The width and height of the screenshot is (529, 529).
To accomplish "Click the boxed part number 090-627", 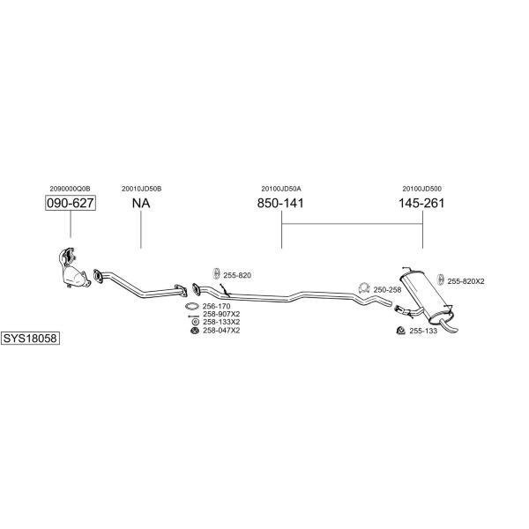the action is pyautogui.click(x=71, y=203).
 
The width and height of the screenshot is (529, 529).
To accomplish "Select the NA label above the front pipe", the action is pyautogui.click(x=141, y=203).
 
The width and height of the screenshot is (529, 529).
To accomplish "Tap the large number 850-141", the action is pyautogui.click(x=280, y=203).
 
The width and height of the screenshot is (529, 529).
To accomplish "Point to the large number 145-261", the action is pyautogui.click(x=421, y=203).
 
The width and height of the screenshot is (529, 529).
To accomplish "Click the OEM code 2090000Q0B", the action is pyautogui.click(x=70, y=189).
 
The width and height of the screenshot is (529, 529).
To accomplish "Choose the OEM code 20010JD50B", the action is pyautogui.click(x=142, y=189).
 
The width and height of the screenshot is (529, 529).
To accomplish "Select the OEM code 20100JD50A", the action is pyautogui.click(x=281, y=189).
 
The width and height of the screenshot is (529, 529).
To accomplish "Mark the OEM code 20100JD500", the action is pyautogui.click(x=421, y=189).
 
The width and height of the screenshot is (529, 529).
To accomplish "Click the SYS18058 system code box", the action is pyautogui.click(x=30, y=338).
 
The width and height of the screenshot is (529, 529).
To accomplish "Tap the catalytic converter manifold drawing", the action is pyautogui.click(x=73, y=268).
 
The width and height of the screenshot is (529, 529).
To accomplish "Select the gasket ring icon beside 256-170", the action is pyautogui.click(x=192, y=306).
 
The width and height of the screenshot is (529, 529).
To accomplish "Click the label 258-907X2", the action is pyautogui.click(x=221, y=314).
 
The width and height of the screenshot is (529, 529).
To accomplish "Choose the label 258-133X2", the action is pyautogui.click(x=221, y=322).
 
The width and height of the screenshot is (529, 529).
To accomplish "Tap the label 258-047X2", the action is pyautogui.click(x=221, y=331).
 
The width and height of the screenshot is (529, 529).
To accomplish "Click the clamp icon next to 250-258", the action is pyautogui.click(x=363, y=287).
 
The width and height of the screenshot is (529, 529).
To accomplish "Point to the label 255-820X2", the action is pyautogui.click(x=466, y=281).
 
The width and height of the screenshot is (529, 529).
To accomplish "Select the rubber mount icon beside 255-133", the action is pyautogui.click(x=401, y=331).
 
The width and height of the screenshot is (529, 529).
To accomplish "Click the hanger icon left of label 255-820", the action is pyautogui.click(x=216, y=273).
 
